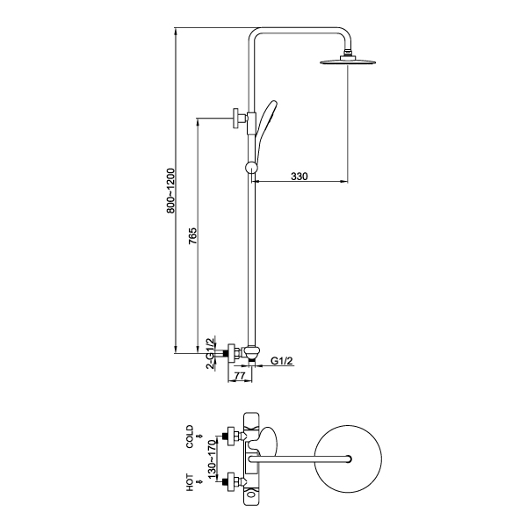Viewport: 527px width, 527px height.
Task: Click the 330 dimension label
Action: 300,177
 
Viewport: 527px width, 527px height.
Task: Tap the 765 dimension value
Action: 192,236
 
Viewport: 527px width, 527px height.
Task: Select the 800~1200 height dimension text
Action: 170,191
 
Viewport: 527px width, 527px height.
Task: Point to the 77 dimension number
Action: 240,376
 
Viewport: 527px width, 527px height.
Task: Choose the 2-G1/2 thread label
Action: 211,354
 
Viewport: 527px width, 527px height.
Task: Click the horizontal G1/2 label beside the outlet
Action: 282,361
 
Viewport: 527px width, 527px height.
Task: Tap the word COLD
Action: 191,437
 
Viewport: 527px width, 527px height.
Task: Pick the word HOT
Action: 191,482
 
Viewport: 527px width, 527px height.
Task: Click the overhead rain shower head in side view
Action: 348,61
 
